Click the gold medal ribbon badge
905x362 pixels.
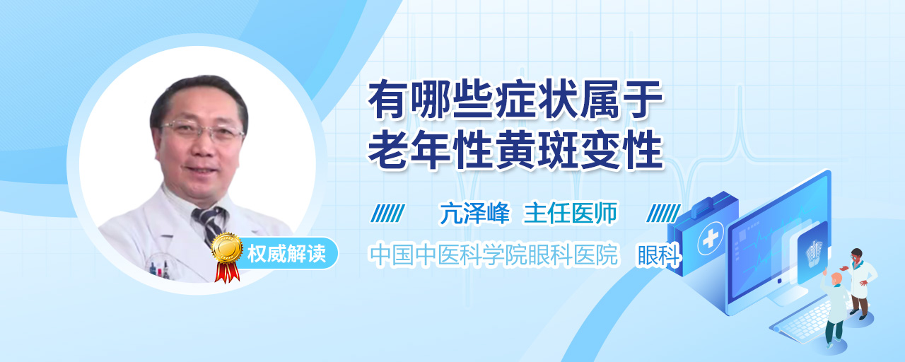[x=227, y=256]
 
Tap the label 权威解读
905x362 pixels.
[x=286, y=254]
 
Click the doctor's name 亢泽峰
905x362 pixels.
[x=474, y=213]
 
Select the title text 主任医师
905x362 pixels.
[x=571, y=213]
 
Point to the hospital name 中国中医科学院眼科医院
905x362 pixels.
[x=494, y=255]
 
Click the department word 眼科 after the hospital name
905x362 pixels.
[x=659, y=255]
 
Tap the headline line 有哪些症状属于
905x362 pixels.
[x=515, y=99]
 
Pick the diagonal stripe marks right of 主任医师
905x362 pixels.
[x=663, y=213]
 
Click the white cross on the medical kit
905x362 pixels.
[x=710, y=239]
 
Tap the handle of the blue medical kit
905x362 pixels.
[x=707, y=204]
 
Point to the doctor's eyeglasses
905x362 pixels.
[x=203, y=131]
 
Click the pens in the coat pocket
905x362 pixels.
[x=159, y=269]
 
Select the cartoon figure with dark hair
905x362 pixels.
[x=860, y=284]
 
